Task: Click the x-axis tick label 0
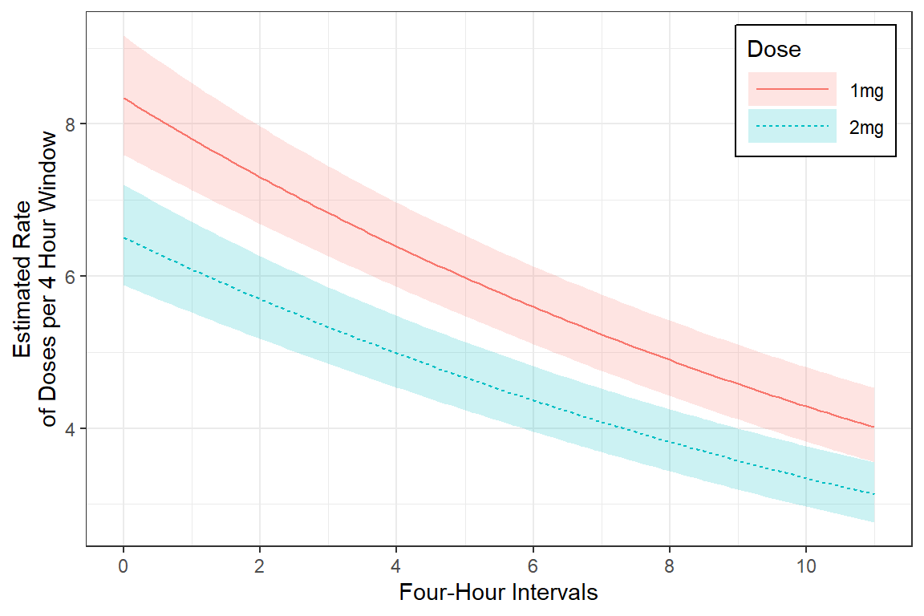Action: pos(124,566)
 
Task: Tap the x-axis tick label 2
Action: pos(260,566)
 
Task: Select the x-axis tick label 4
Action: pos(396,566)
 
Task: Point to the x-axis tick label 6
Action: pos(533,566)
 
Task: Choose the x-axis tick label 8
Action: pos(670,566)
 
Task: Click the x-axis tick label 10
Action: pos(806,566)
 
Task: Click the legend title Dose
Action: pos(773,50)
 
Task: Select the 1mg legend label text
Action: pos(866,91)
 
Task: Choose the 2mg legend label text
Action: pos(866,127)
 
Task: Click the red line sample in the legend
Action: pos(792,89)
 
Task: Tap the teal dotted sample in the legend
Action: pos(792,126)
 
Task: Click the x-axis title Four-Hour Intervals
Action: pos(498,594)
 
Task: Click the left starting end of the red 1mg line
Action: pos(124,98)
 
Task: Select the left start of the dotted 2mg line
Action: pos(124,237)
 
